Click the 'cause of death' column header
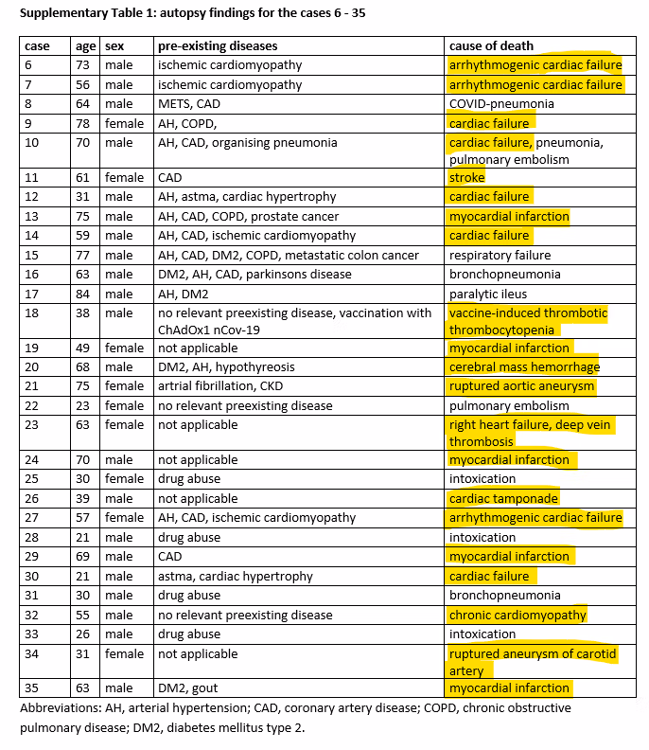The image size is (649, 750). click(491, 45)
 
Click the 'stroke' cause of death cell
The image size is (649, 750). click(466, 177)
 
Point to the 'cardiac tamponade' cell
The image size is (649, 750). click(503, 498)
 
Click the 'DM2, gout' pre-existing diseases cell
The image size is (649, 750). click(188, 687)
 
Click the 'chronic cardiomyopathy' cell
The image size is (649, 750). click(517, 615)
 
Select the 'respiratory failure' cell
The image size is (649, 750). click(500, 255)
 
